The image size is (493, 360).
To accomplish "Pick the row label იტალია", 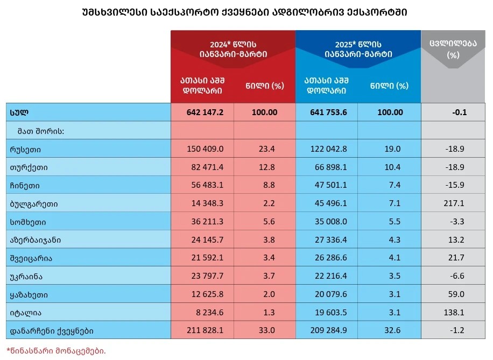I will click(26, 313).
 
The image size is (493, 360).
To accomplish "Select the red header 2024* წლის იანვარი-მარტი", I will click(233, 49).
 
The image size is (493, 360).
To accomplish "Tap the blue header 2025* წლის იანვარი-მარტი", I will click(358, 49).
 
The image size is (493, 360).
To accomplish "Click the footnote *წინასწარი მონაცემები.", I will click(56, 351).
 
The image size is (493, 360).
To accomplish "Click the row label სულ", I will click(19, 112).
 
